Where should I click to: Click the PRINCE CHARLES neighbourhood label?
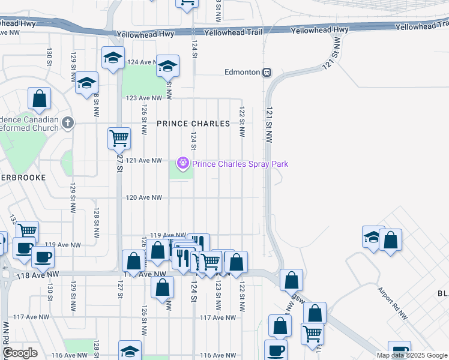click(x=193, y=124)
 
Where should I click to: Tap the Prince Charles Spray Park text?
click(x=240, y=164)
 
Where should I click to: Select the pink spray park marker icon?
click(x=182, y=163)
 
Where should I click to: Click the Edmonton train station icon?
click(x=267, y=72)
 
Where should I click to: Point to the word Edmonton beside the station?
click(x=242, y=72)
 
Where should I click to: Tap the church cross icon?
click(x=68, y=123)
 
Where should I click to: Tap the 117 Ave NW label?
click(x=214, y=317)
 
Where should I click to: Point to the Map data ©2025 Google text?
click(x=412, y=355)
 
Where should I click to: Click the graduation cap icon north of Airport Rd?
click(x=373, y=237)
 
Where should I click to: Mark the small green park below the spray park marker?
click(x=181, y=172)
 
